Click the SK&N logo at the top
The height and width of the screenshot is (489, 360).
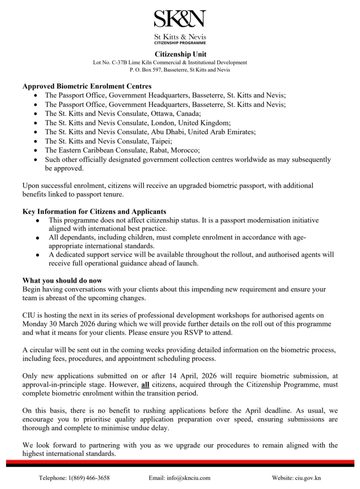coord(180,19)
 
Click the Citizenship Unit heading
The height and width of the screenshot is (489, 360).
coord(180,54)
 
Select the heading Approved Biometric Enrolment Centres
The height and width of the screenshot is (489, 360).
coord(87,86)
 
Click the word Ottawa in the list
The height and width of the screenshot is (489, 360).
coord(162,113)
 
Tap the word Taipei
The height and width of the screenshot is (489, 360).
coord(161,141)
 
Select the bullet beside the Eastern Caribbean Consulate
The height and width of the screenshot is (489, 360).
coord(36,151)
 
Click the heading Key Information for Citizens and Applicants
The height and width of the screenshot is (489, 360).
coord(94,211)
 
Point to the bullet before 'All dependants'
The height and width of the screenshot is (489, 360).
coord(38,238)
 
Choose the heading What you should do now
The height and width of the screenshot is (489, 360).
coord(62,281)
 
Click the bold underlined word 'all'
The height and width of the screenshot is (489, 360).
coord(145,385)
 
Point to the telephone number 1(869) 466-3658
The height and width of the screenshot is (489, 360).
coord(89,478)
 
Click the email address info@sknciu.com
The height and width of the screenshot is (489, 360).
coord(189,478)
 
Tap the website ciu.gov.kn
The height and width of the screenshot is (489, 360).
coord(308,478)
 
